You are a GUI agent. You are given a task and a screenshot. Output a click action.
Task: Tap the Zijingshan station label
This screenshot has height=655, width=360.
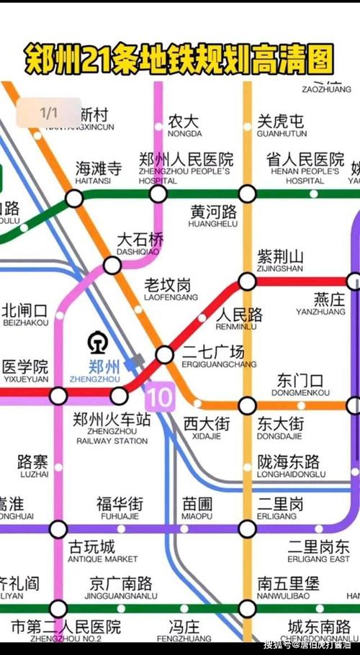[x=281, y=261]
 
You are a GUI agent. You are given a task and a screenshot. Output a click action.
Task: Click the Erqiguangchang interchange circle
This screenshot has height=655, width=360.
[x=165, y=354]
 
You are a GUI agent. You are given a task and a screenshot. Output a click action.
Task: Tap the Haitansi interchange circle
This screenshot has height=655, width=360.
[x=75, y=198]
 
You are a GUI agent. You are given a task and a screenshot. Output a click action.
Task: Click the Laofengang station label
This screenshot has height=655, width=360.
[x=171, y=289]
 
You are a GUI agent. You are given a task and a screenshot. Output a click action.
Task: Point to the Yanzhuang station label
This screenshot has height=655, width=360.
[x=321, y=304]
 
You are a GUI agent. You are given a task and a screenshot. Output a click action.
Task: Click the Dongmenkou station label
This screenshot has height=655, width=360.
[x=301, y=385]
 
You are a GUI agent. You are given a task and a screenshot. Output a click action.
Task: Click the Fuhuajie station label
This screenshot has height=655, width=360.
[x=120, y=508]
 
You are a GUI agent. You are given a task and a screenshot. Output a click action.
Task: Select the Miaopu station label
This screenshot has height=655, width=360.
[x=197, y=508]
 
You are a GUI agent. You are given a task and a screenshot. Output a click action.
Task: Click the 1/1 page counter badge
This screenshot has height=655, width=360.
[x=48, y=113]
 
